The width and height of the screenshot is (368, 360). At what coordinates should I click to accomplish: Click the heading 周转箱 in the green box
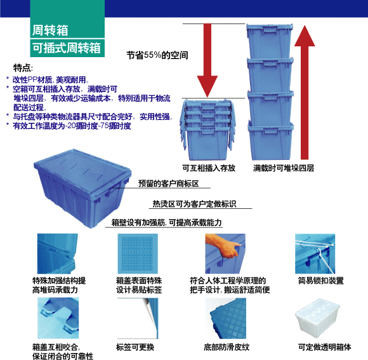point(50,30)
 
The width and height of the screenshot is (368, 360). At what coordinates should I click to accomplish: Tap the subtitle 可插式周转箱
point(67,48)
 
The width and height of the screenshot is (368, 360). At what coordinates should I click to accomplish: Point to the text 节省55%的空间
point(157,55)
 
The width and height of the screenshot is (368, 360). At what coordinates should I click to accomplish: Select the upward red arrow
point(305,92)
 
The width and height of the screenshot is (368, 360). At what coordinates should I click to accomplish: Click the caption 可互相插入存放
point(209,168)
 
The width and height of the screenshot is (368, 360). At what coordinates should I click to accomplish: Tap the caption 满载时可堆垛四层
point(284,168)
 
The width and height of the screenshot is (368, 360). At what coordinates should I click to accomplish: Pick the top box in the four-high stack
point(270,41)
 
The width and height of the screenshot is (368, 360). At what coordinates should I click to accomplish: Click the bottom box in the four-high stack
point(270,141)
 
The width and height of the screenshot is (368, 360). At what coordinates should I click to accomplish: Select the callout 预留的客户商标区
point(169,183)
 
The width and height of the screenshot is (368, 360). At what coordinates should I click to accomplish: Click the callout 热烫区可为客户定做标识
point(194,204)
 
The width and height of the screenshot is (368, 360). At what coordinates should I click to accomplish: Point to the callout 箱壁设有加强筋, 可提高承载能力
point(166,222)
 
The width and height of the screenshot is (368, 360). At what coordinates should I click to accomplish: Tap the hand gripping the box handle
point(223,246)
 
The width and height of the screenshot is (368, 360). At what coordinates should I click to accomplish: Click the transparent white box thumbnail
point(317,318)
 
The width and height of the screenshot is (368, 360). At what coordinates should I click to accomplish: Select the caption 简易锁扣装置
point(321,281)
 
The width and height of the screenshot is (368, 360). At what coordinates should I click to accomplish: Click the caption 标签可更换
point(135,347)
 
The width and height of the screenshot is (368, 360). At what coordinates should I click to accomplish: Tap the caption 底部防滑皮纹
point(227,347)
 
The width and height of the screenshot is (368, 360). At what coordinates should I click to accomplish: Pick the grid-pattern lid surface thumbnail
point(138,253)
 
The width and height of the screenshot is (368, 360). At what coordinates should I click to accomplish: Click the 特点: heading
point(23,68)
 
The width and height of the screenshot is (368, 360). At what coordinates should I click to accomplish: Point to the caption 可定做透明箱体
point(325,347)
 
